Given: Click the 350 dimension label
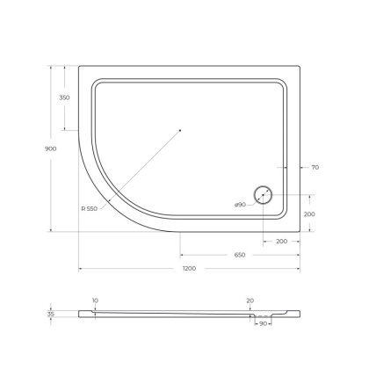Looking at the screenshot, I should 64,98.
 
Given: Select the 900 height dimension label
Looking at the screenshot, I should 50,148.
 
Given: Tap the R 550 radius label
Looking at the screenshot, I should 89,208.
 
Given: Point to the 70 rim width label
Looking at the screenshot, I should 314,167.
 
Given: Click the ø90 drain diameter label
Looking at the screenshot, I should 239,204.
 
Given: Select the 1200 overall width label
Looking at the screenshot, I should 189,268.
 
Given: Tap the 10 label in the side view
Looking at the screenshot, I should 94,300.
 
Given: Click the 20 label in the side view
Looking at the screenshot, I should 250,300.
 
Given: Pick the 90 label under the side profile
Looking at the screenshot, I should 261,324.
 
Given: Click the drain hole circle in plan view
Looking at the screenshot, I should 263,195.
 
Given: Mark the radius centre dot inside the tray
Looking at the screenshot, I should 179,129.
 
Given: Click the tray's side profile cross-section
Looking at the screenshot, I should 176,313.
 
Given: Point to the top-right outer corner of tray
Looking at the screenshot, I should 300,64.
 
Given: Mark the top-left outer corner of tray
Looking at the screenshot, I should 79,64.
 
